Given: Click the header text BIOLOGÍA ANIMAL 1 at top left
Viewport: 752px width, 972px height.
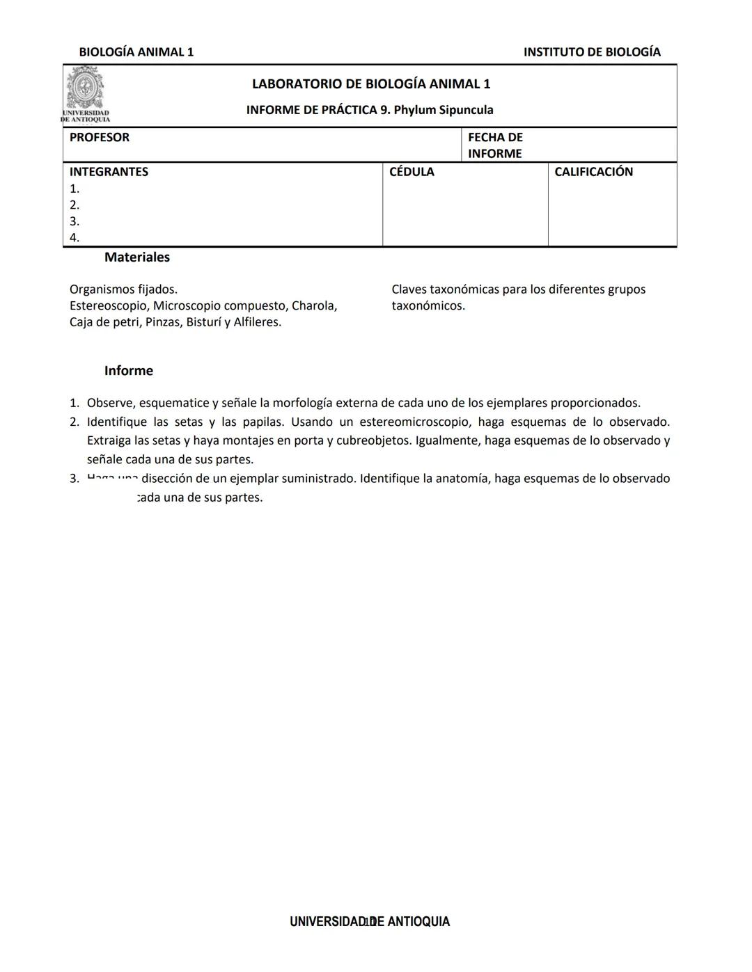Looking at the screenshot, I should tap(136, 52).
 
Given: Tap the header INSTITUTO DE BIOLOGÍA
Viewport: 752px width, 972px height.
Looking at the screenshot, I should tap(592, 52).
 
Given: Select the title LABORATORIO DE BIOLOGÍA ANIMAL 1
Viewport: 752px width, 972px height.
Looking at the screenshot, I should tap(370, 84).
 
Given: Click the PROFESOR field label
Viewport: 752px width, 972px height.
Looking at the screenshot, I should tap(100, 138).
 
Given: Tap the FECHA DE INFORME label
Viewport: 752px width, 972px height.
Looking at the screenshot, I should tap(495, 145).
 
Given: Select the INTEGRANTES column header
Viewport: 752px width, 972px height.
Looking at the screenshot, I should tap(109, 172).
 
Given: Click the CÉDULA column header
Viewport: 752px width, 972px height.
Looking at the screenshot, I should tap(412, 172).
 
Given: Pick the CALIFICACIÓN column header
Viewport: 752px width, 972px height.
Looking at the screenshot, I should tap(593, 172).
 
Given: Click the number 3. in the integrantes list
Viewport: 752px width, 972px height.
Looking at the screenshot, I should tap(75, 222).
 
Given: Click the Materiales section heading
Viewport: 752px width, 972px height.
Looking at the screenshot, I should tap(137, 257).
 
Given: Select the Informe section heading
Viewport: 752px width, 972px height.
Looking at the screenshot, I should tap(129, 371).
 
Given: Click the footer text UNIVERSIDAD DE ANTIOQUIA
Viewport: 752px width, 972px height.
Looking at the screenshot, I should tap(370, 922).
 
